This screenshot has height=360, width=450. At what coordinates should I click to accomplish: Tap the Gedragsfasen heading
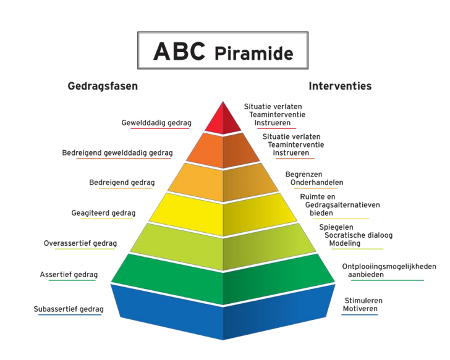pos(103,86)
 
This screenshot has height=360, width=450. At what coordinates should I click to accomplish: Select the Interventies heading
pos(340,86)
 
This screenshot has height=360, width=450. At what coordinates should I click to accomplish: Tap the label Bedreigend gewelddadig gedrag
pos(117,153)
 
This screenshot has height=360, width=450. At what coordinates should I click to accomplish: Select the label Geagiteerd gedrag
pos(103,213)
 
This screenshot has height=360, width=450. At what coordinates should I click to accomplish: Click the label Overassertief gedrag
pos(80,243)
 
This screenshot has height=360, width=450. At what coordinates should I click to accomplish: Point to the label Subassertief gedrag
pos(69,309)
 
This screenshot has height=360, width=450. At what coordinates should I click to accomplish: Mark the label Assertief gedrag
pos(69,274)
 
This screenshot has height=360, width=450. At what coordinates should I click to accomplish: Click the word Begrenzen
pos(304,175)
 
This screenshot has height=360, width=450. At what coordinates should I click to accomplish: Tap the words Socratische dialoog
pos(355,235)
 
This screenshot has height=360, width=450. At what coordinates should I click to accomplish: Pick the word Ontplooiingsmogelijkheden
pos(389,267)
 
